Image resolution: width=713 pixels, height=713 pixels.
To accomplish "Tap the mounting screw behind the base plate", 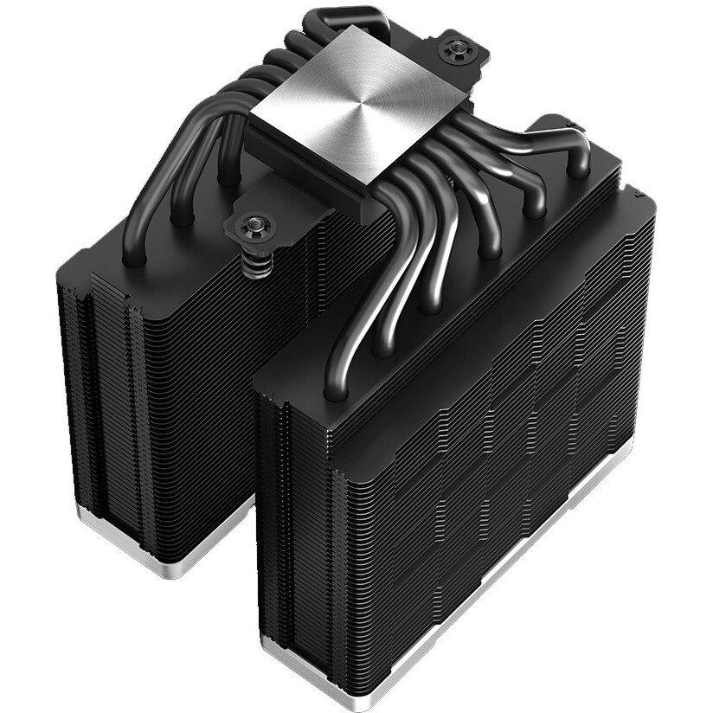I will click(x=456, y=50).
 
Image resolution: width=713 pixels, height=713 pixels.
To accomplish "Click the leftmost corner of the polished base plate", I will click(x=250, y=122).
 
